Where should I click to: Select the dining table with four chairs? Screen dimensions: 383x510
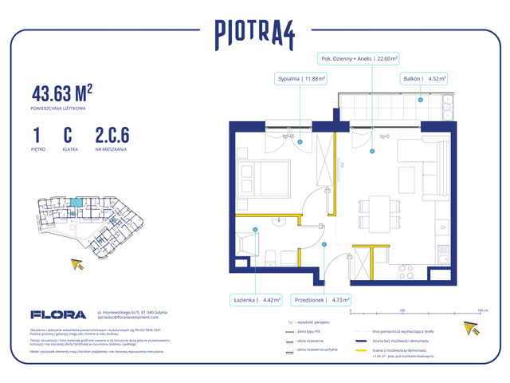pyautogui.click(x=374, y=210)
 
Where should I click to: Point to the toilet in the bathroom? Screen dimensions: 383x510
pyautogui.click(x=271, y=256)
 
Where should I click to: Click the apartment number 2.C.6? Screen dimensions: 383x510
pyautogui.click(x=113, y=133)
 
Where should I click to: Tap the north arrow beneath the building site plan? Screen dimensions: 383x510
pyautogui.click(x=78, y=265)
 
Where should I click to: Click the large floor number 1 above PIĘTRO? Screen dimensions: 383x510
pyautogui.click(x=37, y=133)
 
